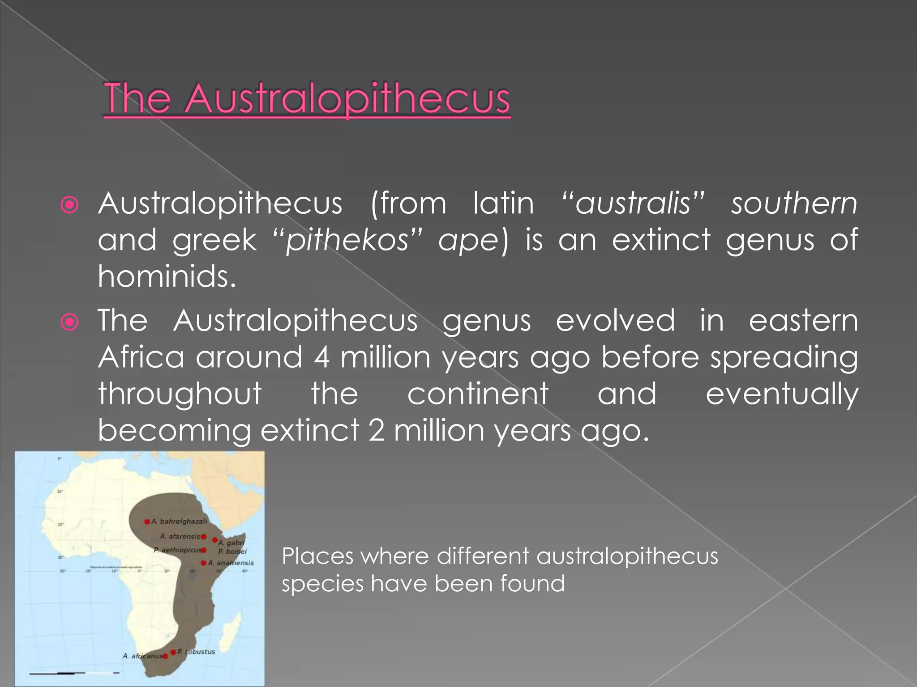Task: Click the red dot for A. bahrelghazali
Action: [147, 522]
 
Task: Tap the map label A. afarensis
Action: [180, 536]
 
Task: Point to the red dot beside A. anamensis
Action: [204, 563]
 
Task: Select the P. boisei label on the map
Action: [232, 551]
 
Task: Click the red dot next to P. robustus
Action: [173, 652]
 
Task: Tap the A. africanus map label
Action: [142, 656]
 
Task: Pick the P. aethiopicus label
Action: [177, 550]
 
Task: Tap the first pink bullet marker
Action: [70, 205]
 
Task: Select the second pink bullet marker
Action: [70, 322]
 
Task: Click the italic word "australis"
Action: [633, 204]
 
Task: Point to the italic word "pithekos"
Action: [347, 240]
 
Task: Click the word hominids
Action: [167, 276]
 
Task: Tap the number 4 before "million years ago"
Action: [321, 357]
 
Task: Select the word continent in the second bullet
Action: [478, 394]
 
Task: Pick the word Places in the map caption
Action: [317, 556]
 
